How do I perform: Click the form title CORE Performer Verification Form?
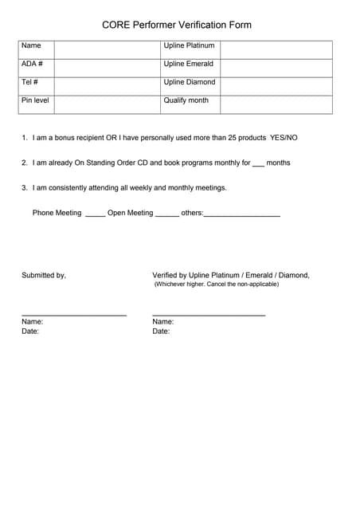point(177,25)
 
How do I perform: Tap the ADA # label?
point(32,64)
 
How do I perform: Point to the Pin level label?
point(35,100)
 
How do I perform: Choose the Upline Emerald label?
point(188,64)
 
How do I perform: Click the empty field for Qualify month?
point(276,104)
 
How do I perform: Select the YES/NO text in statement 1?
point(284,138)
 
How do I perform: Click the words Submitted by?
point(44,275)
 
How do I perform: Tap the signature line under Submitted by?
point(74,316)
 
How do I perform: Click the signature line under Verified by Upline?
point(209,316)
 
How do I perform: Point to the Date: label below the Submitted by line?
point(30,331)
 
